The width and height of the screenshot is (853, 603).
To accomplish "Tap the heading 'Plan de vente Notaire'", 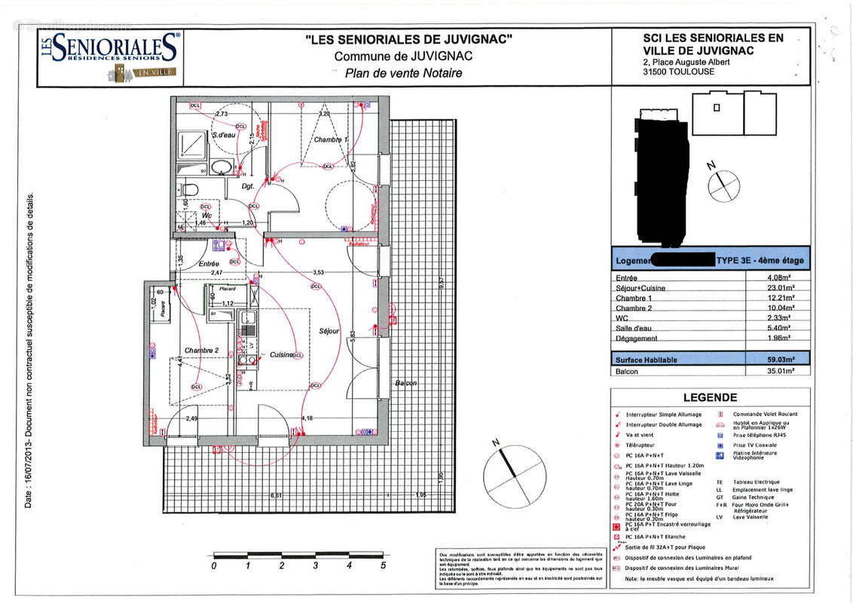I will pos(403,73).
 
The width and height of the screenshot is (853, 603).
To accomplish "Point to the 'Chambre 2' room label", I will pos(201,350).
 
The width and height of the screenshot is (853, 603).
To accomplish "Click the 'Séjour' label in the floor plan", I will pos(329,331).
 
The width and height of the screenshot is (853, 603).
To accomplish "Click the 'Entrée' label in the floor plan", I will pos(209,263).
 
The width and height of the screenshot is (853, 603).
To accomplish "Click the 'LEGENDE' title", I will pos(710,397).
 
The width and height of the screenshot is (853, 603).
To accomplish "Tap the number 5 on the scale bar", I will pos(383,565).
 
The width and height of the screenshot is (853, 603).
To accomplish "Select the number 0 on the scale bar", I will pos(214,565).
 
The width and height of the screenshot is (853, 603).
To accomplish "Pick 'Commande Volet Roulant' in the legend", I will pos(761,414).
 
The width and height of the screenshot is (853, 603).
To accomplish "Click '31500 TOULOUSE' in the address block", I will pos(673,72).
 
